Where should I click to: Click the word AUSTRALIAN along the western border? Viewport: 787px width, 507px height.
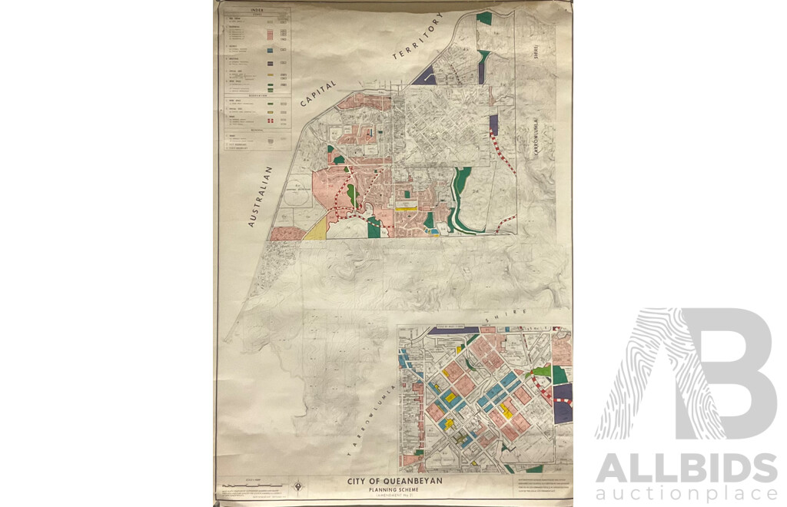[261, 197]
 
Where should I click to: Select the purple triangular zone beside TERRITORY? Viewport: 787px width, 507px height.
[425, 76]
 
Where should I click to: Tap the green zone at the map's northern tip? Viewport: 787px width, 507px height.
[483, 17]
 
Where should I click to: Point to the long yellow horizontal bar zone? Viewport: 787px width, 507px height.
[407, 207]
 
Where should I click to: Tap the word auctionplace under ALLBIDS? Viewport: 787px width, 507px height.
[686, 494]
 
